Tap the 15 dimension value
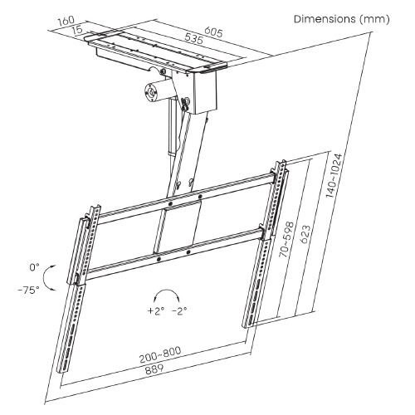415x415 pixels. point(77,30)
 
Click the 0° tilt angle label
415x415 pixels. point(34,268)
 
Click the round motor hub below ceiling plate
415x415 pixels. point(154,92)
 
